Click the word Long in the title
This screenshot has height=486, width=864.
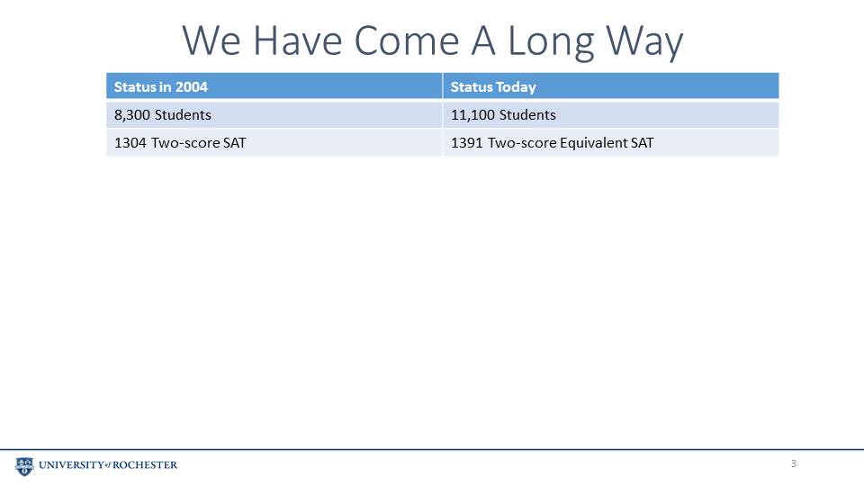(x=550, y=42)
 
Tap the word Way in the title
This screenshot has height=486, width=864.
(x=644, y=42)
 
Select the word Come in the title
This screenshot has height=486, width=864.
(x=406, y=40)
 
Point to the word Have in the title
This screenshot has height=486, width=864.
(x=298, y=40)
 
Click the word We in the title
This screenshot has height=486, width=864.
(x=211, y=40)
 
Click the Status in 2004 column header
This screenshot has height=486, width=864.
(x=160, y=87)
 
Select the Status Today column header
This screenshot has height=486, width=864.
(x=493, y=87)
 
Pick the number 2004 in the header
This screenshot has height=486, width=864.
(x=191, y=87)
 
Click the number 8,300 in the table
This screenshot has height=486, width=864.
(x=132, y=115)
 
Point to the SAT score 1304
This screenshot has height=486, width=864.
(x=130, y=143)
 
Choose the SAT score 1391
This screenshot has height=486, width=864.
(x=467, y=143)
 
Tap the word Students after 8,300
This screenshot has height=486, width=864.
(x=183, y=114)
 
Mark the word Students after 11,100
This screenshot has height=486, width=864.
(x=528, y=114)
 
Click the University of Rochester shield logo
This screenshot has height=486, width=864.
(x=24, y=466)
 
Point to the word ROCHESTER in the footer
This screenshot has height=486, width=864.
(x=145, y=465)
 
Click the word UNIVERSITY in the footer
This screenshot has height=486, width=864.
(x=71, y=465)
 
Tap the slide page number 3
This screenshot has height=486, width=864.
(x=794, y=464)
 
